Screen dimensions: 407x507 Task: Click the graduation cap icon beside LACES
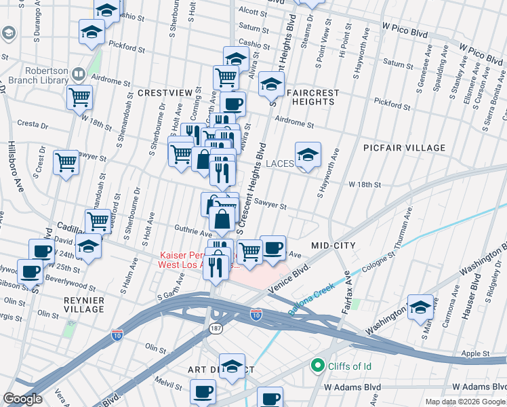[308, 155]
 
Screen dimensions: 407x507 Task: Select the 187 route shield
[215, 328]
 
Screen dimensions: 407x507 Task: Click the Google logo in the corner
[23, 399]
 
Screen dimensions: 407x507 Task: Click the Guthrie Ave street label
[176, 231]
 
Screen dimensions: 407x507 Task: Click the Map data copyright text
[464, 402]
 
